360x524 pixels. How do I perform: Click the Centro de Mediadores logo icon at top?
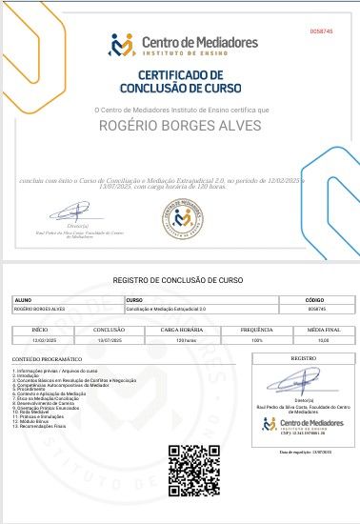pos(123,44)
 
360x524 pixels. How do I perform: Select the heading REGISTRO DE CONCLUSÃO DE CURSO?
pos(179,280)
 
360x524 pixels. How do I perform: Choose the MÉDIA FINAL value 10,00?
pos(324,338)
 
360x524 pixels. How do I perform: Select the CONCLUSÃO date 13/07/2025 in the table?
pos(110,338)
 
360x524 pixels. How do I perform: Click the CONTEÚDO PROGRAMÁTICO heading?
pos(42,358)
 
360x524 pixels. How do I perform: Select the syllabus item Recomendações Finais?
pos(44,426)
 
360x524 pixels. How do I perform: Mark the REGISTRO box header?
pos(303,357)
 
